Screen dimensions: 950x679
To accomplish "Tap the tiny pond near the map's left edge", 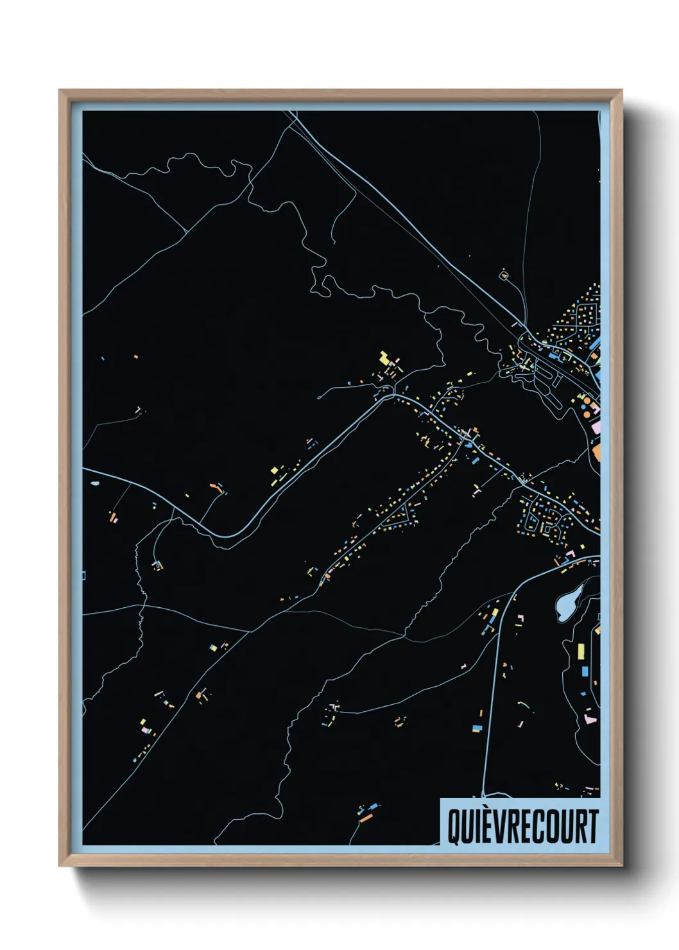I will point(95,483).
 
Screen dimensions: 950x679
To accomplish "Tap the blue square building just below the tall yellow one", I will point(584,671).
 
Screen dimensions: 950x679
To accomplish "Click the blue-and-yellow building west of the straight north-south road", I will point(477,728).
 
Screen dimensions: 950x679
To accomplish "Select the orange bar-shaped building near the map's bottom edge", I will point(365,818).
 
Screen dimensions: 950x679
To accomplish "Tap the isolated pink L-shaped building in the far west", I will point(137,409).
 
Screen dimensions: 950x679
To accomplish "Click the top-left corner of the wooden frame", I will point(60,91).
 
